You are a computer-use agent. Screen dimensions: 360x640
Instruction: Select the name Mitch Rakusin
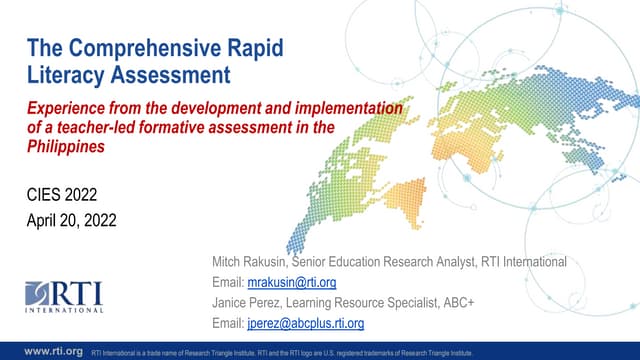click(x=242, y=262)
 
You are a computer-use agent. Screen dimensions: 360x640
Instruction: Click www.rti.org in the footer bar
click(x=52, y=351)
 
